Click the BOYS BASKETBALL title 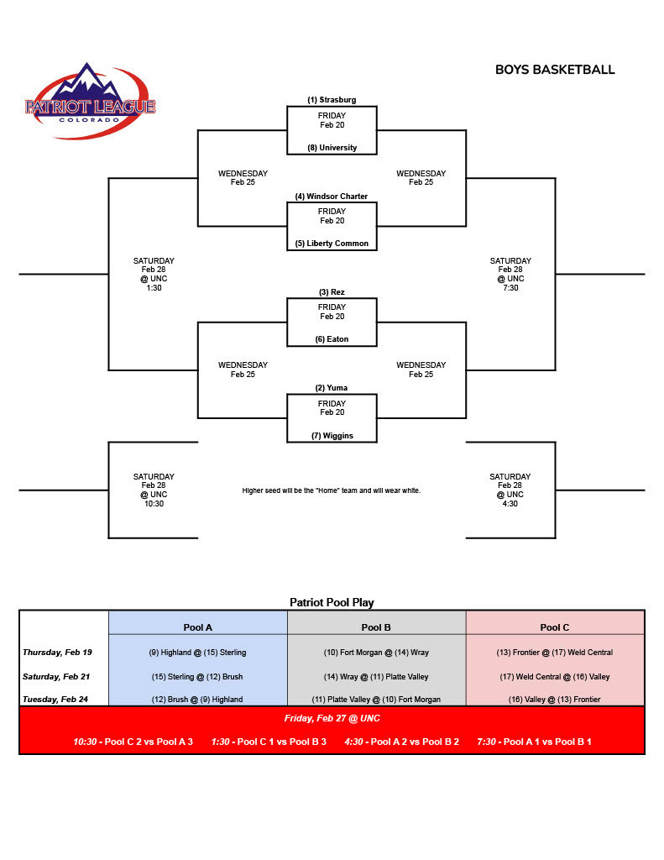(x=555, y=70)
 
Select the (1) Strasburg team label (x=332, y=100)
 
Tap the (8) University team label (x=332, y=148)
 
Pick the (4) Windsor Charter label (x=332, y=197)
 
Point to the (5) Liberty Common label (x=332, y=244)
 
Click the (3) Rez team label (x=332, y=292)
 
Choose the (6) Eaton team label (x=332, y=339)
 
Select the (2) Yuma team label (x=332, y=388)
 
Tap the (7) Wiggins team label (x=332, y=436)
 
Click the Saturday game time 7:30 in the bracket (x=510, y=287)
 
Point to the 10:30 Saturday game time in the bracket (x=154, y=504)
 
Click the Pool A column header (x=198, y=627)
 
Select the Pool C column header (x=555, y=627)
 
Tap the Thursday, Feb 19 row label (x=58, y=653)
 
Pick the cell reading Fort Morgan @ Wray (x=376, y=653)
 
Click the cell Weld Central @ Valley (x=555, y=676)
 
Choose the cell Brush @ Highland (x=198, y=700)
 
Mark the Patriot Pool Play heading (x=332, y=602)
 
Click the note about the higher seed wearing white (x=332, y=490)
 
